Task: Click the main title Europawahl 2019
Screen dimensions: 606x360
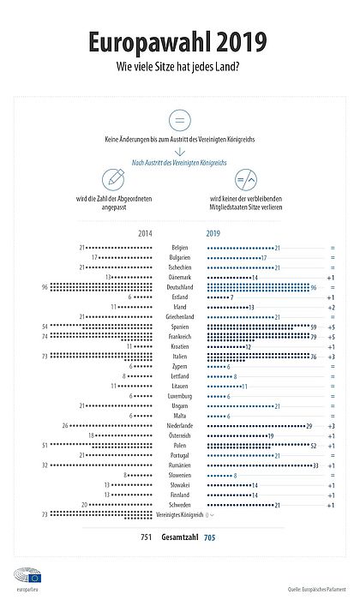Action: click(180, 42)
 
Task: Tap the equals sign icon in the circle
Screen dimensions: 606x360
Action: click(180, 119)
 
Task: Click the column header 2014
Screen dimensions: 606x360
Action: click(146, 232)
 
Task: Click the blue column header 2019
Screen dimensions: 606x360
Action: click(213, 232)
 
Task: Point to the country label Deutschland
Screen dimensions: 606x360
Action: click(180, 287)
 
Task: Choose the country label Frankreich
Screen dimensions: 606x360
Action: click(180, 336)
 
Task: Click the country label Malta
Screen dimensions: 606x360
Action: click(180, 416)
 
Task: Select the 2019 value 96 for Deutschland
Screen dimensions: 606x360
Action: click(315, 287)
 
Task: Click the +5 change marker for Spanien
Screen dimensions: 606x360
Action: click(330, 327)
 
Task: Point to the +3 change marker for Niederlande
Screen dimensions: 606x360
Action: click(330, 425)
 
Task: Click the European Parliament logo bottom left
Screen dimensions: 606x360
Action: click(22, 576)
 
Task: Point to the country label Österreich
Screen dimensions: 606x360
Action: click(180, 435)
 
